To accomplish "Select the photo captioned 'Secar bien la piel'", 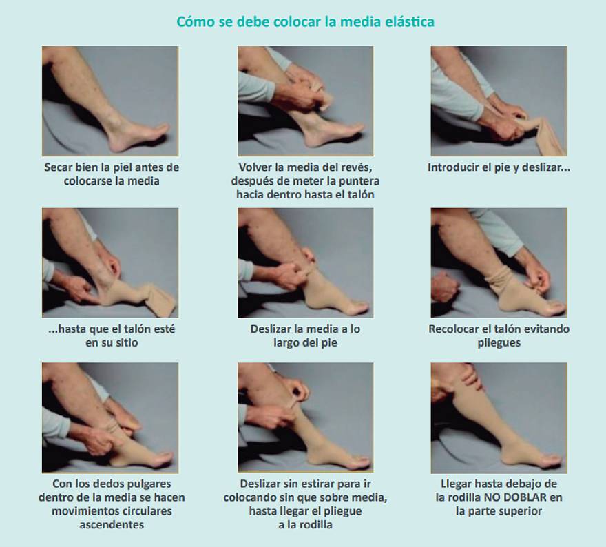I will pyautogui.click(x=110, y=101).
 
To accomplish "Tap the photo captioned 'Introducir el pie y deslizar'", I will pyautogui.click(x=499, y=101).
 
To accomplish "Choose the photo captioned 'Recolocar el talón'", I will pyautogui.click(x=499, y=262).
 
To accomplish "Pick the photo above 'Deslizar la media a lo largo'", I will pyautogui.click(x=305, y=262).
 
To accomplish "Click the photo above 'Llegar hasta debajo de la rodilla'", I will pyautogui.click(x=499, y=417).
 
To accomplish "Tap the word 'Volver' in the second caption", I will pyautogui.click(x=257, y=167).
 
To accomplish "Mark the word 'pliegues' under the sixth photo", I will pyautogui.click(x=499, y=342).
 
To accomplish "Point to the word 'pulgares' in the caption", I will pyautogui.click(x=149, y=484).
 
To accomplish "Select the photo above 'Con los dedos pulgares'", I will pyautogui.click(x=110, y=417).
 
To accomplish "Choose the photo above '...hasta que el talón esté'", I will pyautogui.click(x=110, y=262).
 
